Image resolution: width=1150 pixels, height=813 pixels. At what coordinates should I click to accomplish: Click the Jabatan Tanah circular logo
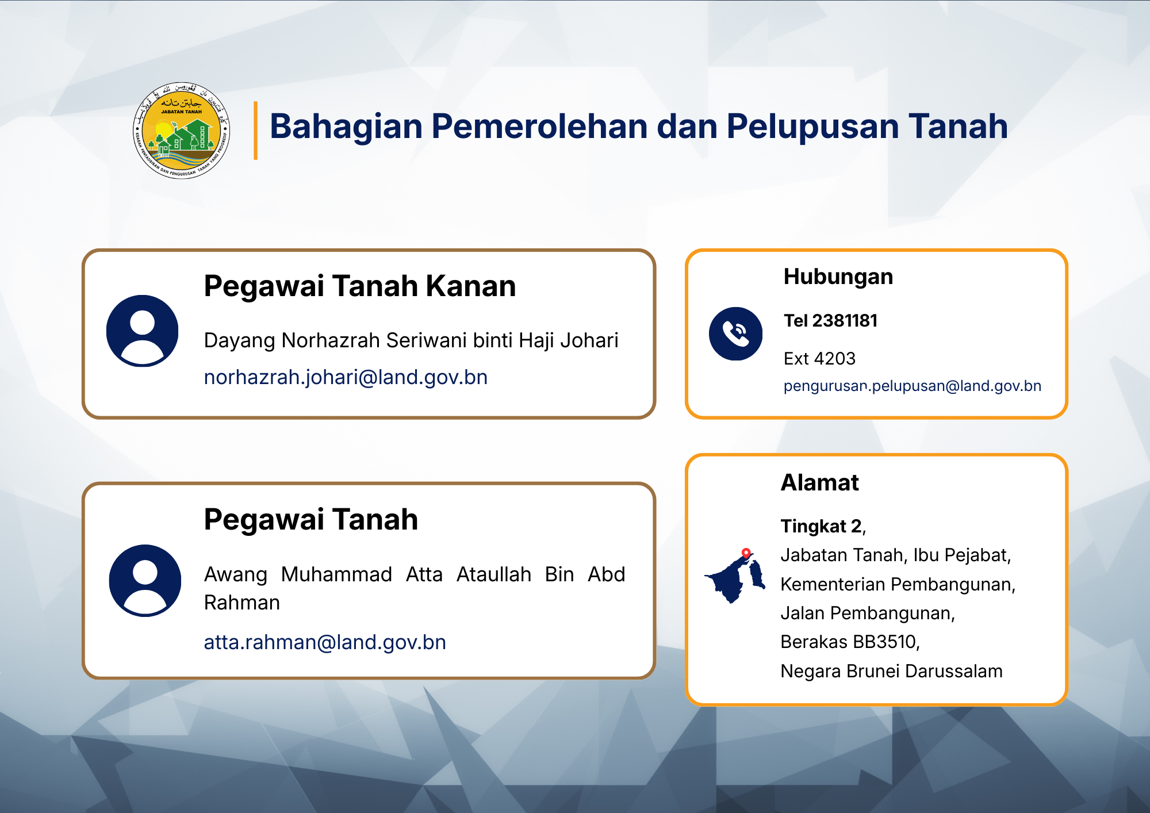[x=182, y=131]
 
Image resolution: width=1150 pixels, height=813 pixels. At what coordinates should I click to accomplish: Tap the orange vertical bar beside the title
[x=255, y=131]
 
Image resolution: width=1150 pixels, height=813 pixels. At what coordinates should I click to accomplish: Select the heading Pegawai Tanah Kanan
[x=360, y=286]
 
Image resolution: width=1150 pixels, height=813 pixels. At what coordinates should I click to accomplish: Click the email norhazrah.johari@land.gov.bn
[x=346, y=377]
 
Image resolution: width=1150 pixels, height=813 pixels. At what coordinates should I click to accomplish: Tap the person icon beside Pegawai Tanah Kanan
[x=143, y=331]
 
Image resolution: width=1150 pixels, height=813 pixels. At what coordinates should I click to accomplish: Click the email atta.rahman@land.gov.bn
[x=325, y=642]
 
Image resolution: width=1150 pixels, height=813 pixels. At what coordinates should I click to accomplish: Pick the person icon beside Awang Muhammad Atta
[x=145, y=581]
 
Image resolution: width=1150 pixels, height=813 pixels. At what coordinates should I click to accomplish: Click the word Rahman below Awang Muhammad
[x=242, y=603]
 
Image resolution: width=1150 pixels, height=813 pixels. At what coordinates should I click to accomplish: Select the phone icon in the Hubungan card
[x=736, y=334]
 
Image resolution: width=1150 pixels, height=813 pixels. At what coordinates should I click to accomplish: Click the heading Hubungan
[x=838, y=277]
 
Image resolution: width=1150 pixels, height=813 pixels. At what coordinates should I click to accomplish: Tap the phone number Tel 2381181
[x=831, y=320]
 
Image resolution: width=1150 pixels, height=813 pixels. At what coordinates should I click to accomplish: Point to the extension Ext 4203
[x=819, y=359]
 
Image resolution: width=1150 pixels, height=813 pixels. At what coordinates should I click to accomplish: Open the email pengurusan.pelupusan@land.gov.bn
[x=913, y=386]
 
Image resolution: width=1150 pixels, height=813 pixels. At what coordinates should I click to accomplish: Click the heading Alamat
[x=820, y=482]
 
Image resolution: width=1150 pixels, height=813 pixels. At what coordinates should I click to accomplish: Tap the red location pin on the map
[x=746, y=553]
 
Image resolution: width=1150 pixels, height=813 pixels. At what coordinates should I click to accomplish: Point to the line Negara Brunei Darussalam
[x=892, y=671]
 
